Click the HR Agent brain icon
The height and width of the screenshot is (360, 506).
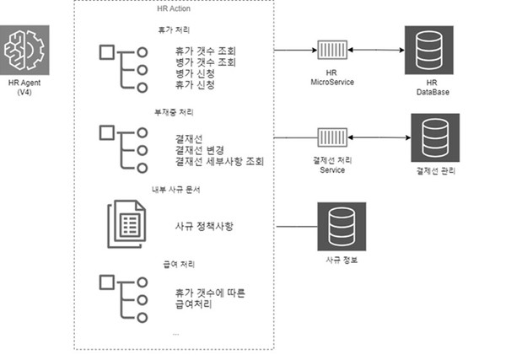(24, 50)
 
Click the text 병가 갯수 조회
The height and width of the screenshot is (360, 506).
(201, 62)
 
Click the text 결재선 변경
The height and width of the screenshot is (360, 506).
(196, 149)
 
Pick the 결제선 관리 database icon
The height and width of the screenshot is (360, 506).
(433, 134)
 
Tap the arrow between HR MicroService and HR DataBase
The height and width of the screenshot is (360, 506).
(374, 50)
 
